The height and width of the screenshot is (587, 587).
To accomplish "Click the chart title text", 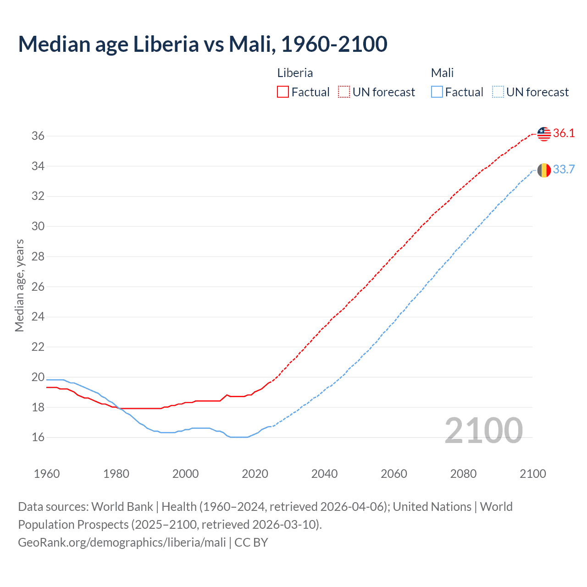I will coord(203,44).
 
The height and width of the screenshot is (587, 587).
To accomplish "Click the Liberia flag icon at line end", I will coord(544,134).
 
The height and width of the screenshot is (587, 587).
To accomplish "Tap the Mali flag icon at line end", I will coord(544,170).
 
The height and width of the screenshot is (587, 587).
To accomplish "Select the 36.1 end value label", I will coord(564,133).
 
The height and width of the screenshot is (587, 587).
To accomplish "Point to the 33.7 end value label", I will coord(564,170).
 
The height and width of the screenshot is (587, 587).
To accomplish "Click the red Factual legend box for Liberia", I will coord(283,92).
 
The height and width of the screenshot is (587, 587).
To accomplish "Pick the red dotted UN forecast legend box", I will coord(344,92).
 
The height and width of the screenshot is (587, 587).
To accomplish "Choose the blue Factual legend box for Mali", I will coord(437,92).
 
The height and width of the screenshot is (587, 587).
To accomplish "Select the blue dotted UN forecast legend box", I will coord(498,92).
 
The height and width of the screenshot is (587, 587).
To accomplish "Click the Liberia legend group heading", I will coord(295,73).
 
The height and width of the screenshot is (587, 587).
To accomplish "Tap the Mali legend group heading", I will coord(442,73).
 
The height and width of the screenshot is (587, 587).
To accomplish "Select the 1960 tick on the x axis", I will coord(47,474).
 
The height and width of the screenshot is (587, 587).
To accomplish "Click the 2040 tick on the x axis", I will coord(324,474).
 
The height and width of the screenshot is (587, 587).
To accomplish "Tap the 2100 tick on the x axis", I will coord(532,474).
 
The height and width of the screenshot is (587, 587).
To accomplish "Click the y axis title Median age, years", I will coord(19,285).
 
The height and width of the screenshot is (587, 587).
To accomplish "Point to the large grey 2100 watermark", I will coord(483,430).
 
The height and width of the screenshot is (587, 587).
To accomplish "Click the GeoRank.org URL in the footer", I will coord(122,543).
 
